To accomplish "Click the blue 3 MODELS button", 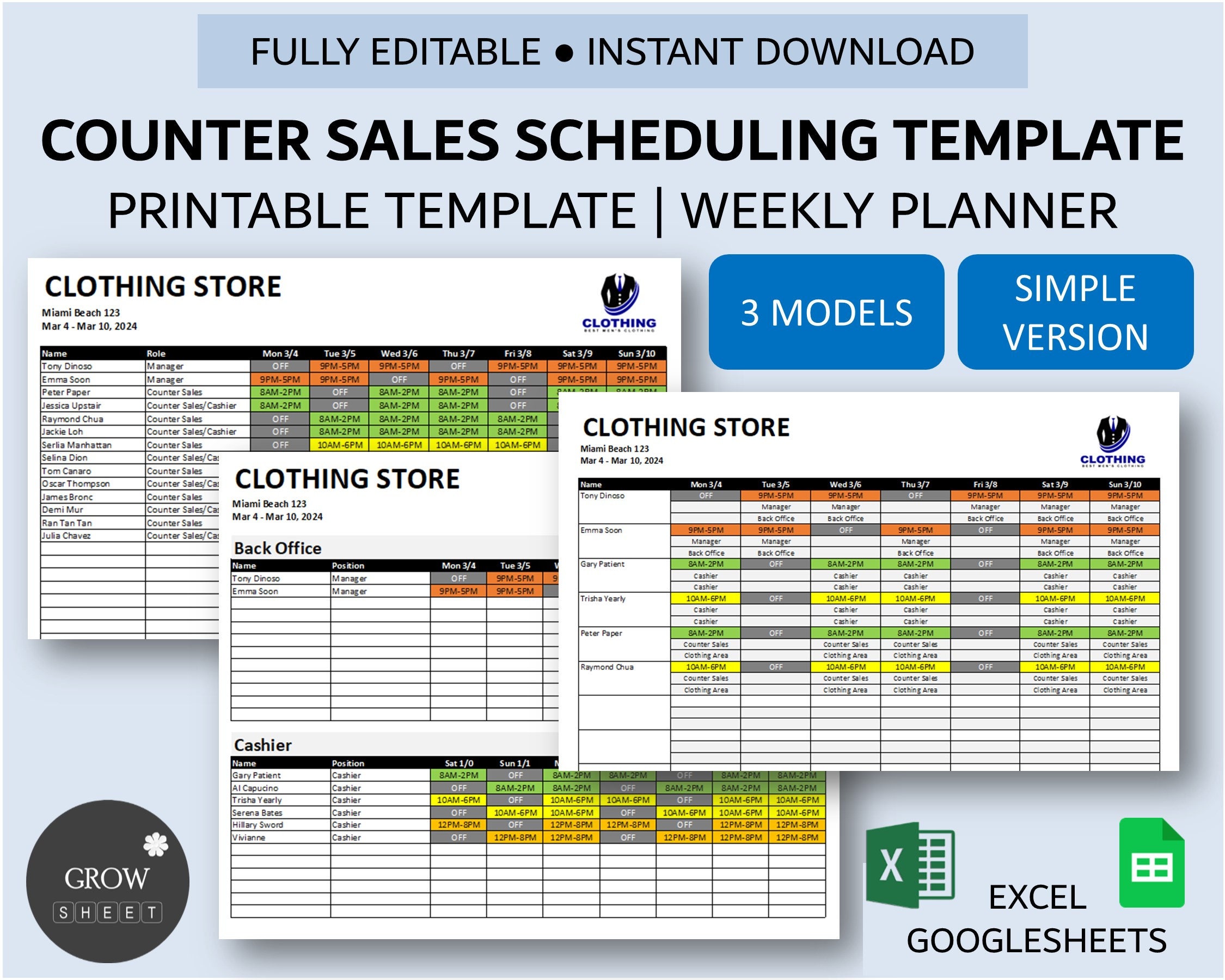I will [825, 312].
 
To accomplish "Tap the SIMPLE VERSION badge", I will [1075, 312].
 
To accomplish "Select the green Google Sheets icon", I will [1151, 863].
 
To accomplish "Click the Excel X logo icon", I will [909, 865].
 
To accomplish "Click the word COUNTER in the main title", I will [175, 141].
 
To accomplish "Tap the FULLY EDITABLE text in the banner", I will [395, 52].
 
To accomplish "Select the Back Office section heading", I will [277, 548].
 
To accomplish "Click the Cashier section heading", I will [262, 745].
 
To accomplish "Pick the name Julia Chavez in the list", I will [66, 536].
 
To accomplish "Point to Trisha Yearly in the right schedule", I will [602, 599].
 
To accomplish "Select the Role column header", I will [156, 353].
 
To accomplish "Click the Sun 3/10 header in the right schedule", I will [1124, 485].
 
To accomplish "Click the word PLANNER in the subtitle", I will [1003, 210].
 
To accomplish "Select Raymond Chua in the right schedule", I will [607, 667].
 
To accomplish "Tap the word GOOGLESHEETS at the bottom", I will [1037, 941].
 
